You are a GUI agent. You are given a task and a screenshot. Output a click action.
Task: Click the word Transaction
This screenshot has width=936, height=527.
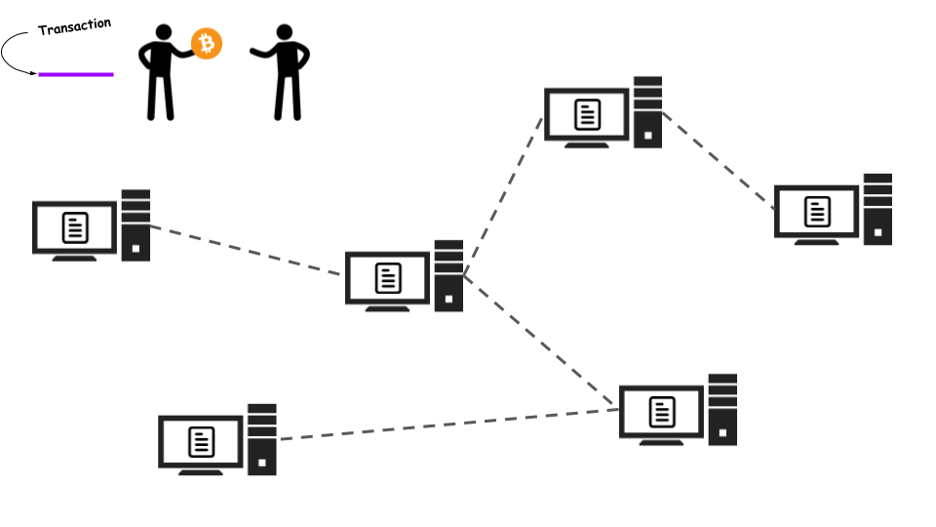pos(75,26)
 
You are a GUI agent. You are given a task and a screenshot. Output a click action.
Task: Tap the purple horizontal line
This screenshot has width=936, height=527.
pos(76,75)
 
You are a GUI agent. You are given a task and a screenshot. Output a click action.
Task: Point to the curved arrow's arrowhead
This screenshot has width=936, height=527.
pos(33,73)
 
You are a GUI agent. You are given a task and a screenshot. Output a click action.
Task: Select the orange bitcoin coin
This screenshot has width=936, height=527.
pos(207,44)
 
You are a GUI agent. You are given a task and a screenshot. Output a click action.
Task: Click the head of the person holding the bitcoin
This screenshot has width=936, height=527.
pos(164,32)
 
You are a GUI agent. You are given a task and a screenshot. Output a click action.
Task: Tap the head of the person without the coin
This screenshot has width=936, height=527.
pos(285,32)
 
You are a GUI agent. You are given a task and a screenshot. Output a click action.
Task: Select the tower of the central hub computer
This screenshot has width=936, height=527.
pos(448,276)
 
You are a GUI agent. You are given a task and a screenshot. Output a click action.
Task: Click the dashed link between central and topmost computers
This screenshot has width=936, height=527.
pos(503,196)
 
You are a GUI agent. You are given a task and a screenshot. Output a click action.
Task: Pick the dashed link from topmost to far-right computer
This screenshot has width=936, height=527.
pos(719,161)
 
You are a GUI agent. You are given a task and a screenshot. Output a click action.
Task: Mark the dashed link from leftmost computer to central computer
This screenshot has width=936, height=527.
pos(246,251)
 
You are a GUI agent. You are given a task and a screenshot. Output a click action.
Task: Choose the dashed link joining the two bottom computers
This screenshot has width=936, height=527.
pos(448,425)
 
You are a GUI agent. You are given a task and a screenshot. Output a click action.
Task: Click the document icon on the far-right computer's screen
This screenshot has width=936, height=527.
pos(817,212)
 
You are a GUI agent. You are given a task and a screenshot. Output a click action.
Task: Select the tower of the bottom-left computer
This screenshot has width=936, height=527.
pos(262,440)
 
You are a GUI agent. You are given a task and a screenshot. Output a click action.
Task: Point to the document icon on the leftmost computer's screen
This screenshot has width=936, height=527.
pos(75,227)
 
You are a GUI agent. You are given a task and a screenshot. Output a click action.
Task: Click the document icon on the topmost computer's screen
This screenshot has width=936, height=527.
pos(587,115)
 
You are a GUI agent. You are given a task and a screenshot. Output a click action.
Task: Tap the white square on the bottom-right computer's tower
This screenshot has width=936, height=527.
pos(722,432)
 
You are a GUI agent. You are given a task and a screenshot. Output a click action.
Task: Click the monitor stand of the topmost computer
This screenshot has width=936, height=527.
pos(587,144)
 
